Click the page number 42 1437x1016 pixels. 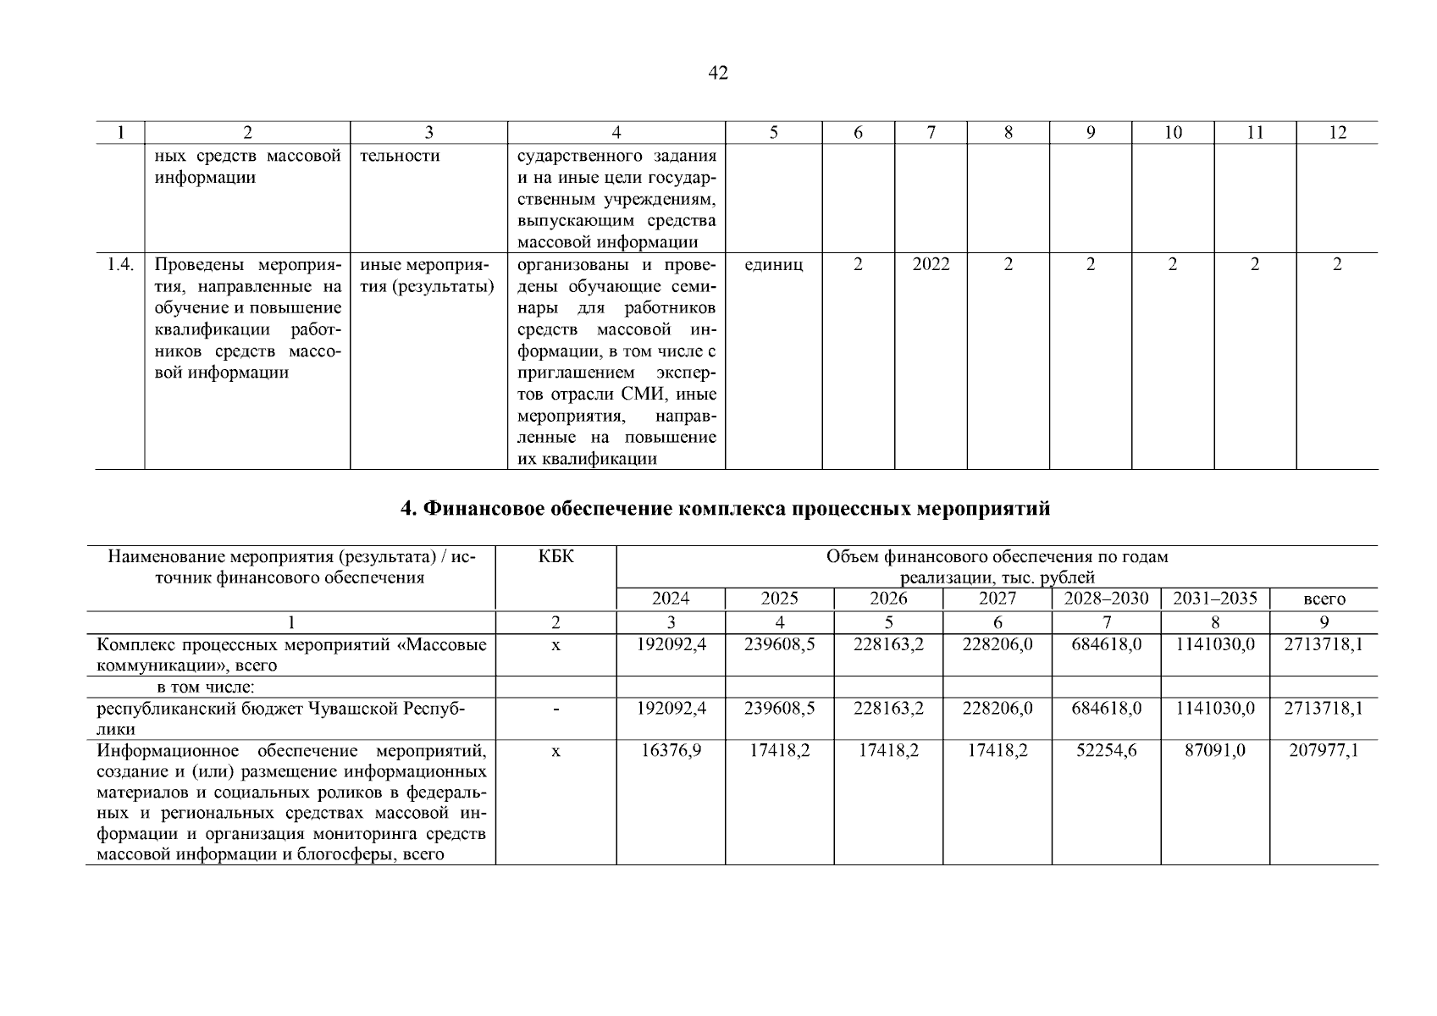pos(717,74)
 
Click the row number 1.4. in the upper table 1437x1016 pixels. pos(120,264)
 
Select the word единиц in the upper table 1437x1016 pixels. pos(773,264)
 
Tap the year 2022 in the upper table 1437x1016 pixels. pos(931,264)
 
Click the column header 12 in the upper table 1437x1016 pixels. pos(1336,132)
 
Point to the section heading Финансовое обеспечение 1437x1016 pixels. pos(724,509)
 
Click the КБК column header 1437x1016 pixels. pos(555,557)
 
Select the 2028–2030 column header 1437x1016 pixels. pos(1106,599)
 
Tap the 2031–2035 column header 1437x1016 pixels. pos(1214,599)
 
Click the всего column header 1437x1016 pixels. pos(1324,599)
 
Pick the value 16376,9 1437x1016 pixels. pos(671,750)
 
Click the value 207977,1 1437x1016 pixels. pos(1324,750)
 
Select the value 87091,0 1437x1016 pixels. pos(1215,750)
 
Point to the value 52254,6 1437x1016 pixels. pos(1106,750)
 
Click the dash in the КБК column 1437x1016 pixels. pos(555,709)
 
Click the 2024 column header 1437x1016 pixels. pos(671,599)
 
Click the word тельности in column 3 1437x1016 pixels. pos(400,156)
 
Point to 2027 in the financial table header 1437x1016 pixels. pos(998,599)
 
